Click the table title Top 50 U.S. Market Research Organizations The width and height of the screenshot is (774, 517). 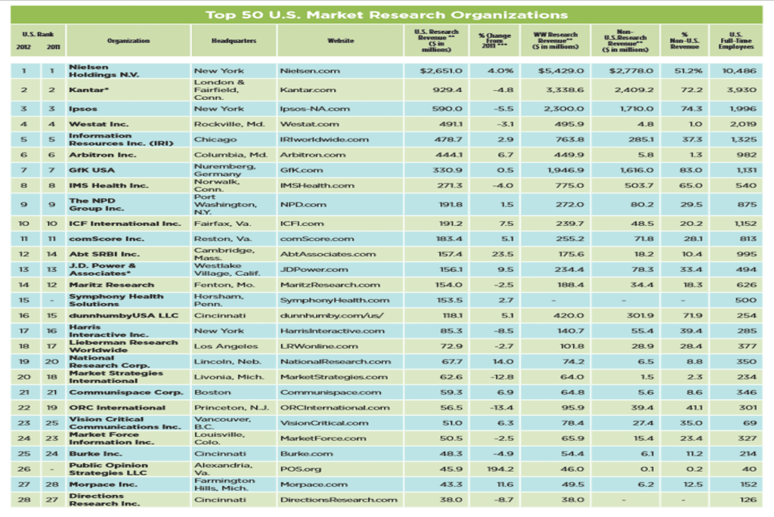pos(386,14)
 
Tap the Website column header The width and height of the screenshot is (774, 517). pos(338,41)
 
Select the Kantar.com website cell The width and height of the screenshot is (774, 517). pos(307,89)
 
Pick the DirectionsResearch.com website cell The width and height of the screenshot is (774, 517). pos(338,500)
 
